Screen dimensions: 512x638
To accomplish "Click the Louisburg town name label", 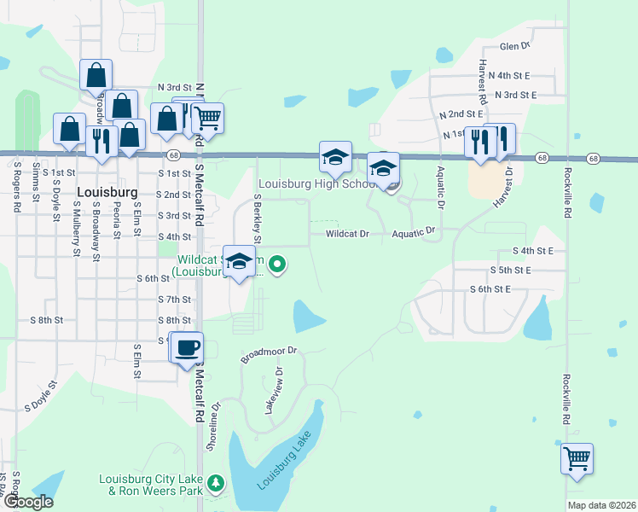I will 107,192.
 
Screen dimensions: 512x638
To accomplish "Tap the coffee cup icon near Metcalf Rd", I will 187,348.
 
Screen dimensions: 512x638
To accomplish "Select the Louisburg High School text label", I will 316,183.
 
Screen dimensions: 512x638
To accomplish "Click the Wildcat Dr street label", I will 347,233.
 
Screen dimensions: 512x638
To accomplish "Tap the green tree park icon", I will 217,484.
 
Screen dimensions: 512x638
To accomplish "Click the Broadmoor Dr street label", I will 268,354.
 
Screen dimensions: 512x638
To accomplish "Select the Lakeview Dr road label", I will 273,391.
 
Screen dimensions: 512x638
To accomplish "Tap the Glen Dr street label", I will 515,45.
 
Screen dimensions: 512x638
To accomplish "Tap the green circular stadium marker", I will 276,265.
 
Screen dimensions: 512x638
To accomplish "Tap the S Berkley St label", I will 257,217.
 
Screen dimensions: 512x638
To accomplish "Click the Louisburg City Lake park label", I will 151,485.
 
